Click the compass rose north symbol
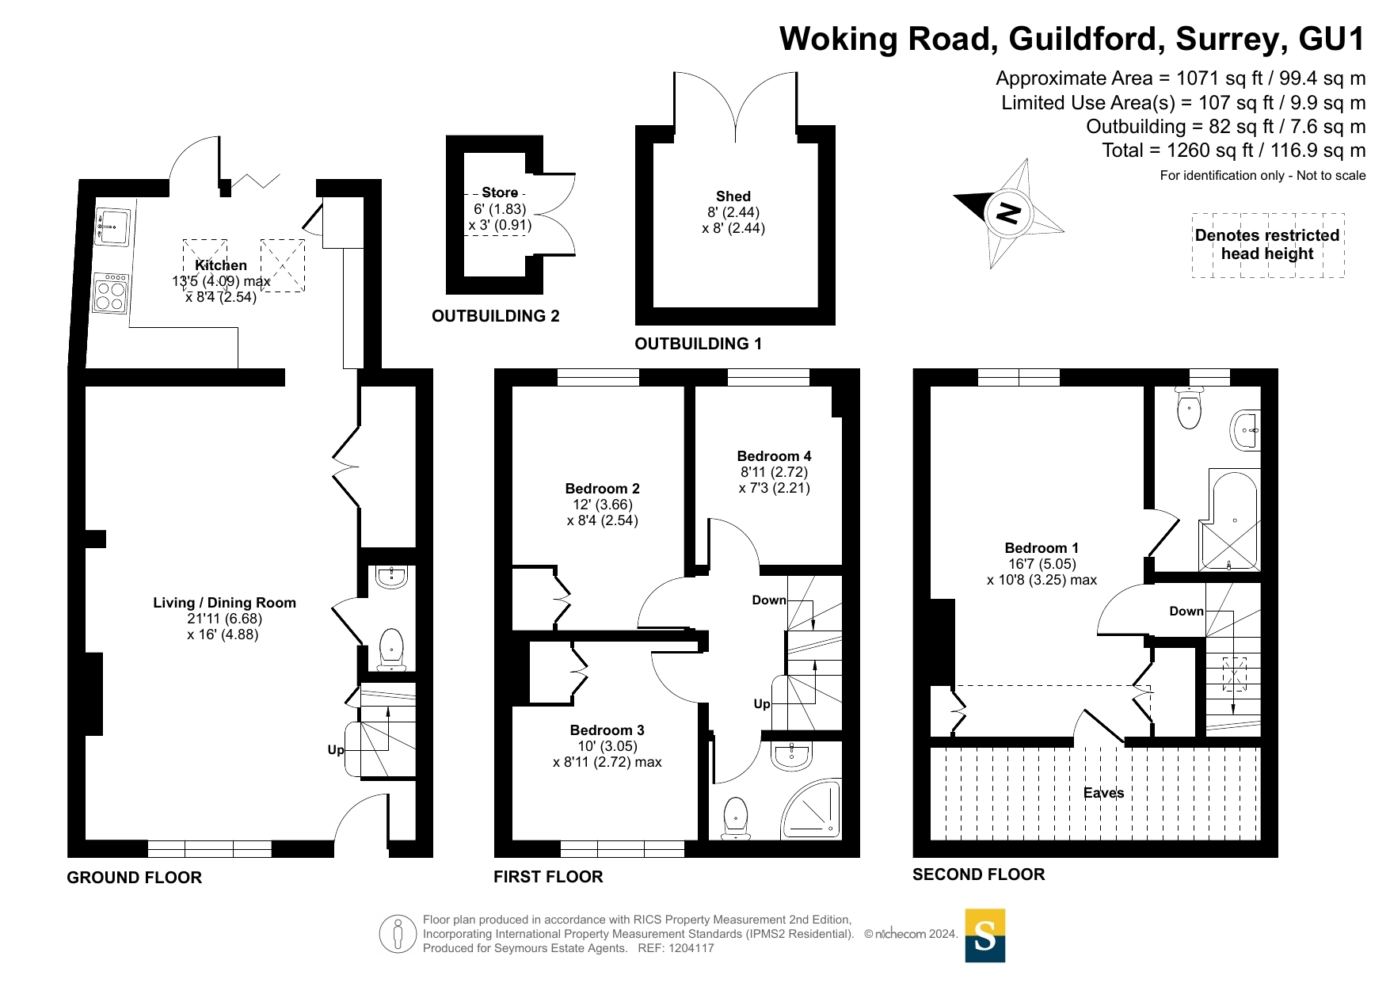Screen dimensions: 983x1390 pos(1008,212)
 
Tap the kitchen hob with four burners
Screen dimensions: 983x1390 pos(110,293)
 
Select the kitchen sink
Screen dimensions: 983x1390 pos(112,226)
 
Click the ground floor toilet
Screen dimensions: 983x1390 pos(391,648)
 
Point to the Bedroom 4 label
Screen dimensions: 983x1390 pos(774,456)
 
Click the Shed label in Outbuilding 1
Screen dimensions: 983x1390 pos(733,196)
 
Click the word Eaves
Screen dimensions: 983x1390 pos(1103,793)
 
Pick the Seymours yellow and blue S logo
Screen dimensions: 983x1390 pos(984,935)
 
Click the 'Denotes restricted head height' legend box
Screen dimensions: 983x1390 pos(1267,245)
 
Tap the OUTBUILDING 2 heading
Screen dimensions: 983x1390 pos(495,316)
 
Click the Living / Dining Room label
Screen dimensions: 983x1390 pos(224,603)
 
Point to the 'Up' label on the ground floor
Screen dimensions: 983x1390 pos(336,749)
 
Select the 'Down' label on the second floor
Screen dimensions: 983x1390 pos(1186,611)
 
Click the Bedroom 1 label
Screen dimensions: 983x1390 pos(1042,548)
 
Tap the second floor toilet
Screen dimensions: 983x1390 pos(1189,408)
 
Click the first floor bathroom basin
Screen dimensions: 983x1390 pos(791,756)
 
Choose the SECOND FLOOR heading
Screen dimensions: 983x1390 pos(978,874)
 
